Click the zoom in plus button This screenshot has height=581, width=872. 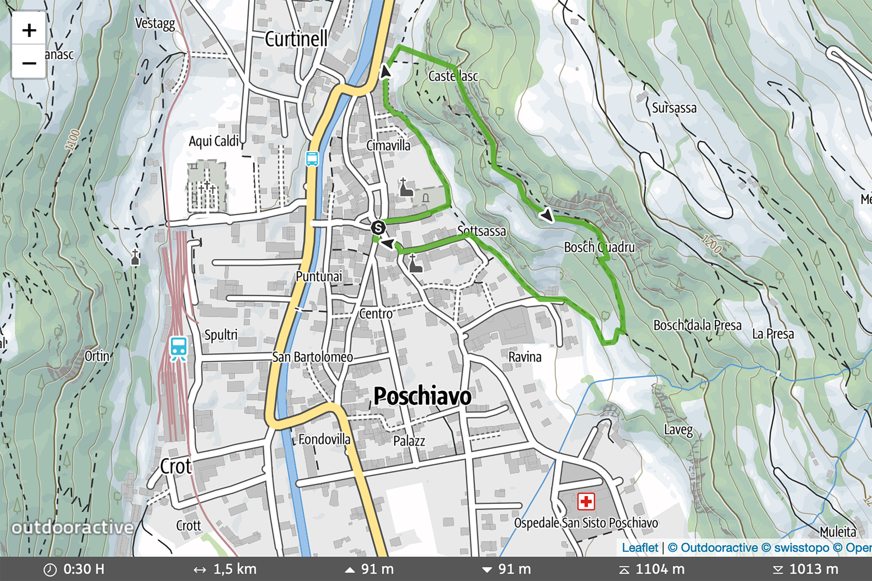(29, 30)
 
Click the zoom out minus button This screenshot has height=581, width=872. (29, 63)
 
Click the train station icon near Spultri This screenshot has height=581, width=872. (179, 349)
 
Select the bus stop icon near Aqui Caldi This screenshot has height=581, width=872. (312, 159)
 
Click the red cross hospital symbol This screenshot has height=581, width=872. (586, 502)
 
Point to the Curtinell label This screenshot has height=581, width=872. (296, 39)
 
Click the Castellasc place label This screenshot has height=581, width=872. (453, 76)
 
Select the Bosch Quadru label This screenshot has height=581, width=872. (599, 247)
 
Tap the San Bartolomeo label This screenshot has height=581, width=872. (312, 357)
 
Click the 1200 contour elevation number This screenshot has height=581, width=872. (711, 245)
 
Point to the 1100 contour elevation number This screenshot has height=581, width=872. (72, 140)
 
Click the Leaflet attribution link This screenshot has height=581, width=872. (639, 548)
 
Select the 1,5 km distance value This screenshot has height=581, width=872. (234, 569)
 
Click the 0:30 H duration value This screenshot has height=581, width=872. (84, 569)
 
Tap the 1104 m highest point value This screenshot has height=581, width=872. (659, 569)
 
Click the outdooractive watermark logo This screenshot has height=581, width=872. (72, 528)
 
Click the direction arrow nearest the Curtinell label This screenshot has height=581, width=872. (385, 72)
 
